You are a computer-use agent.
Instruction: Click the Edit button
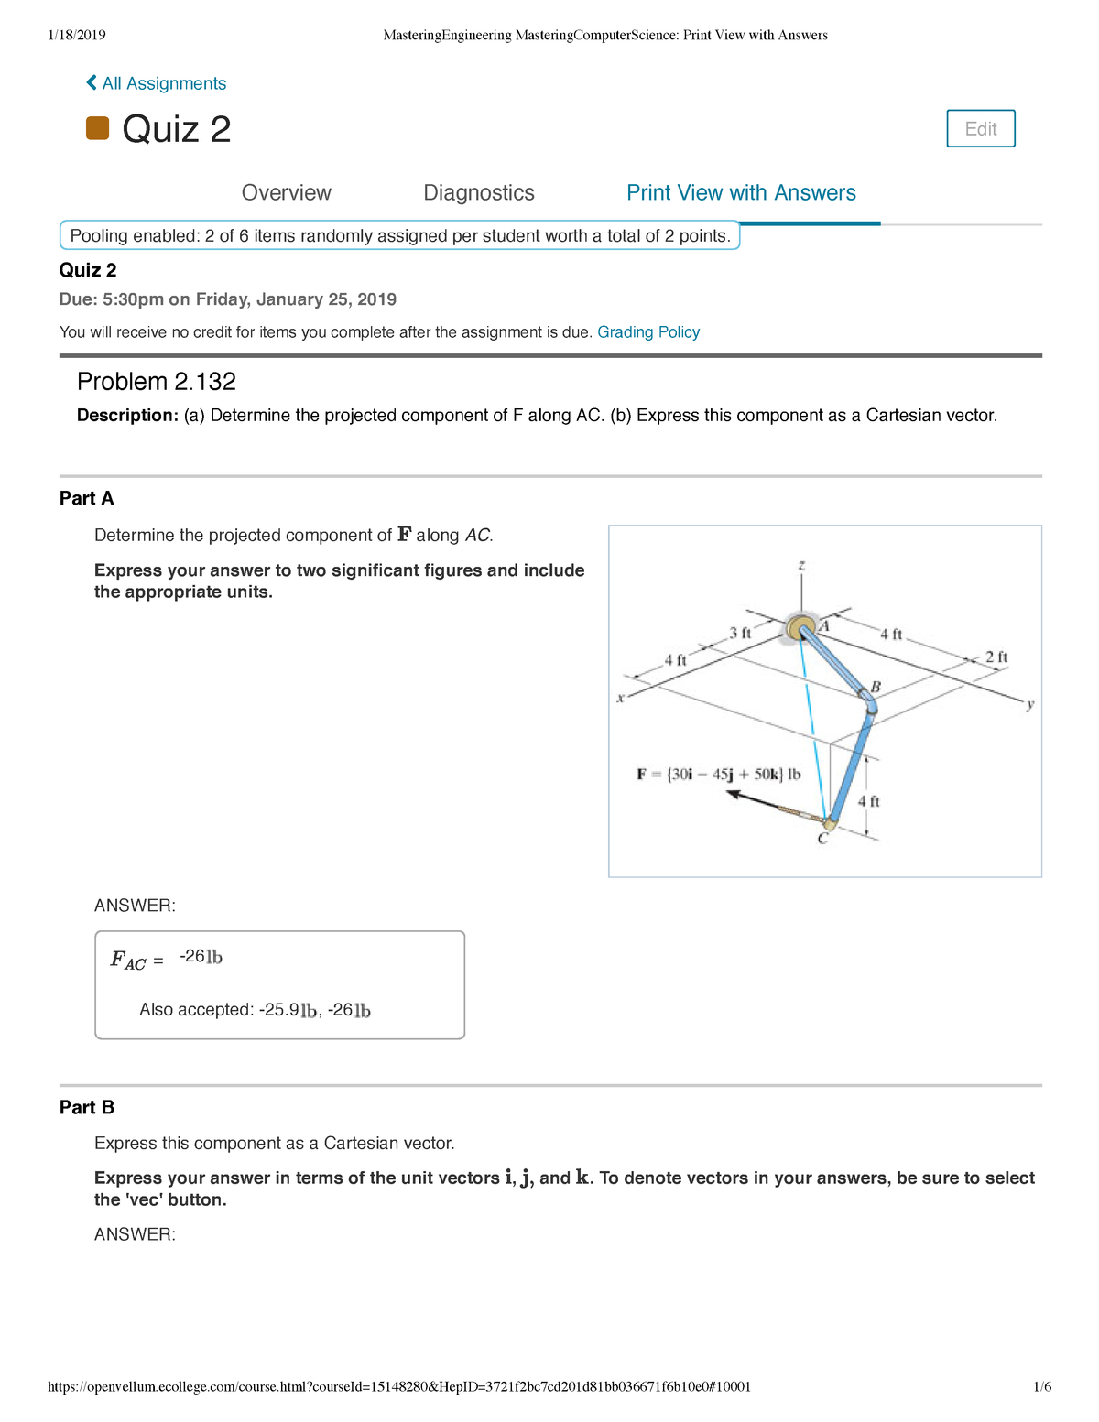(x=980, y=129)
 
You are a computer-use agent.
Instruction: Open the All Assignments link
(x=157, y=83)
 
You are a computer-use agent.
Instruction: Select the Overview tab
(x=286, y=193)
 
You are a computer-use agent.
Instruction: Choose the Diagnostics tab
(x=478, y=193)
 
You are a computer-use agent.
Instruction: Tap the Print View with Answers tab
(x=741, y=193)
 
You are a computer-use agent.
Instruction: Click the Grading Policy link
(x=648, y=332)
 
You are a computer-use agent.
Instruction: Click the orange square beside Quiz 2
(x=97, y=128)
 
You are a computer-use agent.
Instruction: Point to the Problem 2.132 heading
(x=157, y=382)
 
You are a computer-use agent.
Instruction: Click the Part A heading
(x=87, y=498)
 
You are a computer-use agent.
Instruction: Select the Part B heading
(x=87, y=1107)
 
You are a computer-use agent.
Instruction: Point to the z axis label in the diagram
(x=801, y=566)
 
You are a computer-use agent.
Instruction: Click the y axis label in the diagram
(x=1030, y=704)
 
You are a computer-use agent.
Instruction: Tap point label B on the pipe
(x=876, y=687)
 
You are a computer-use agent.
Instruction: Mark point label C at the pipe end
(x=822, y=838)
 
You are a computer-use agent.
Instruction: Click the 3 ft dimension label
(x=740, y=633)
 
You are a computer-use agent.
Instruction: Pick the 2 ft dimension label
(x=996, y=657)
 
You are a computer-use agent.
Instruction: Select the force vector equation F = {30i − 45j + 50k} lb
(x=718, y=775)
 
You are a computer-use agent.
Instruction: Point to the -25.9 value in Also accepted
(x=278, y=1010)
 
